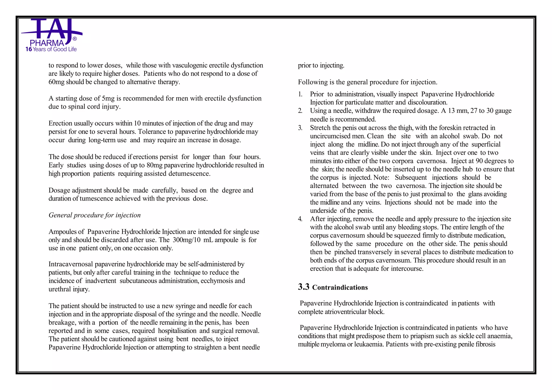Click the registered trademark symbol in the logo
75,39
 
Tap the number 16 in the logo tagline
29,49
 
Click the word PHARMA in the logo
47,43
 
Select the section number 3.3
303,287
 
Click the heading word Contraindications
340,288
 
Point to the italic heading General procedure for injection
95,215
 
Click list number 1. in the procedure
300,94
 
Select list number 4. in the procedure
300,219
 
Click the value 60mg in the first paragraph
56,82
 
